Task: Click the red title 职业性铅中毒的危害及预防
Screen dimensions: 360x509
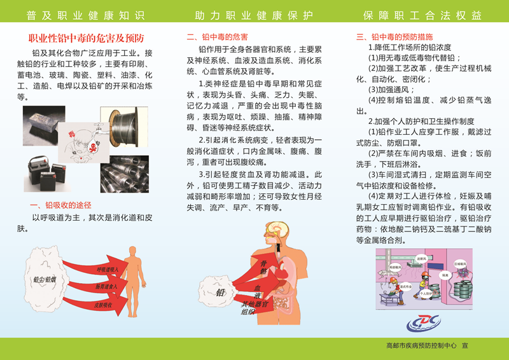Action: [x=87, y=39]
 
